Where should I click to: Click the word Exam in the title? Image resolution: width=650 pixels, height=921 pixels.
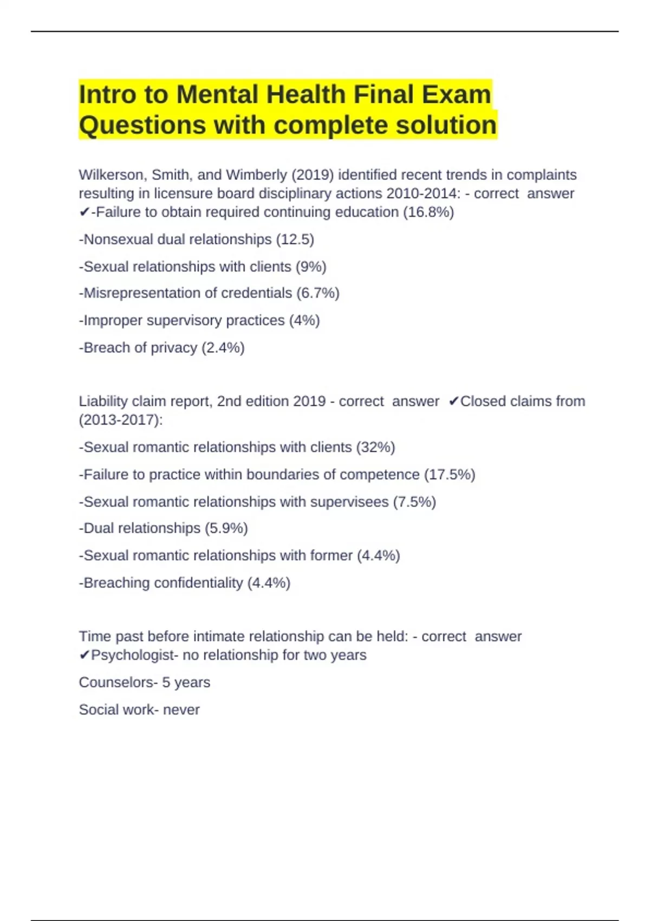(456, 95)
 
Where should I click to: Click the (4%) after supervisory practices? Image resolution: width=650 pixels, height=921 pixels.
(304, 320)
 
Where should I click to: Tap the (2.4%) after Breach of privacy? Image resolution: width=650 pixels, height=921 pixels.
(223, 348)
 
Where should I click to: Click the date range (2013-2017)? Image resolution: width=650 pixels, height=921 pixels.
(121, 420)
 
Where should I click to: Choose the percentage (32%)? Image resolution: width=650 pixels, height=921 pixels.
(375, 447)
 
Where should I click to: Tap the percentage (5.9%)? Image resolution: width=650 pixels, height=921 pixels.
(226, 528)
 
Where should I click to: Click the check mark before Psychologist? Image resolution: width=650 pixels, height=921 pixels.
(84, 656)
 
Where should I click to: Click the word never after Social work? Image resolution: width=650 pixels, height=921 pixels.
(181, 710)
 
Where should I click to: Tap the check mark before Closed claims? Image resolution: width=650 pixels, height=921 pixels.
(454, 401)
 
